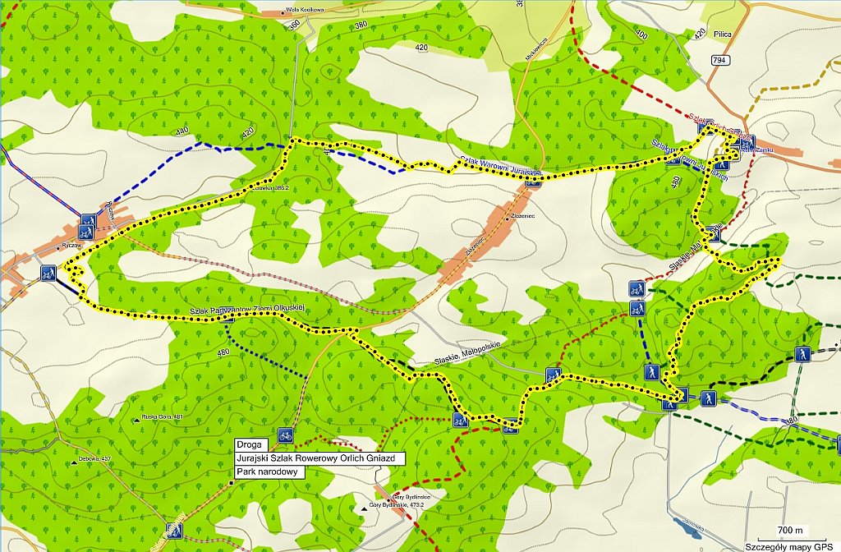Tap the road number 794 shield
pos(720,60)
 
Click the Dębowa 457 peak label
pos(94,458)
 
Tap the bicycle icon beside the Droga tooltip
pos(285,435)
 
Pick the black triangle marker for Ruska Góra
pos(136,420)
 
